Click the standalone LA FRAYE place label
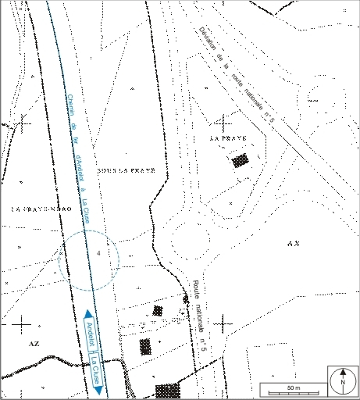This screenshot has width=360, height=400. [228, 137]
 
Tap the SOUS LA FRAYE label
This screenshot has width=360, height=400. [126, 170]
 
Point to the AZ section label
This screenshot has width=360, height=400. [32, 343]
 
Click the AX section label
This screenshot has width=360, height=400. [294, 244]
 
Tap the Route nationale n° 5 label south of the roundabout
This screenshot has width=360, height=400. [202, 313]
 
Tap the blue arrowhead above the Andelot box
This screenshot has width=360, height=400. [86, 313]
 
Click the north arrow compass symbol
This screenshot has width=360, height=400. [342, 380]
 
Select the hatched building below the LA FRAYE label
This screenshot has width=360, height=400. [241, 161]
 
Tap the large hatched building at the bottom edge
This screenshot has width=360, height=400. [166, 391]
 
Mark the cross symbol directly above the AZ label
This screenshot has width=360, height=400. [22, 323]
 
